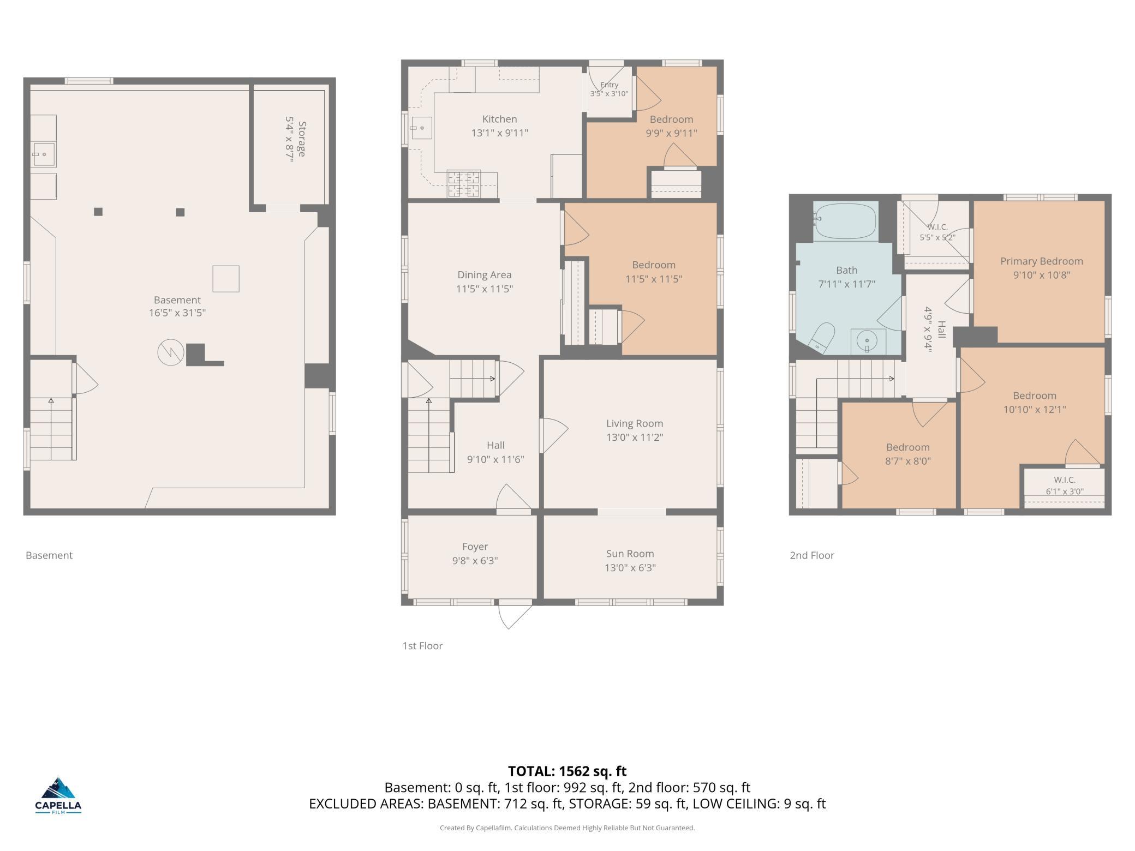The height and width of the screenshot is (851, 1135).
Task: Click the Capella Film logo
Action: [x=58, y=795]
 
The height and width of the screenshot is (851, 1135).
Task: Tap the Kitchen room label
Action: [x=499, y=119]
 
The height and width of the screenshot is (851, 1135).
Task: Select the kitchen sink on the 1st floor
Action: [x=422, y=128]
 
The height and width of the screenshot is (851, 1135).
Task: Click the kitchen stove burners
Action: [x=464, y=184]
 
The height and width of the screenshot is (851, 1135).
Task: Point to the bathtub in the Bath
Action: [x=846, y=221]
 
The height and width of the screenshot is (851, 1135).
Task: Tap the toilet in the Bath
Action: [x=821, y=337]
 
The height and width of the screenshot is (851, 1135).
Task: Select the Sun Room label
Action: [x=630, y=553]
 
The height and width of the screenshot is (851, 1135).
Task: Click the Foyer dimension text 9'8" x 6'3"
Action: [x=475, y=560]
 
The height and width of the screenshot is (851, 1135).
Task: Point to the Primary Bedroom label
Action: [x=1041, y=261]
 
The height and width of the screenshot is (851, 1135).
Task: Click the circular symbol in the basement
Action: [x=171, y=352]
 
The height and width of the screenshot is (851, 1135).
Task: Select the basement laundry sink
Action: [x=43, y=154]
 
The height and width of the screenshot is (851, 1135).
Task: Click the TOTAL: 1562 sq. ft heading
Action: [x=567, y=771]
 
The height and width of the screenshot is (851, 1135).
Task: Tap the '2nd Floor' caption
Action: [x=812, y=555]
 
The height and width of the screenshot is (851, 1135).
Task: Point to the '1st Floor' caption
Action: [x=422, y=646]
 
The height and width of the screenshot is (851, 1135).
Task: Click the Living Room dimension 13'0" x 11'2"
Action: [x=635, y=437]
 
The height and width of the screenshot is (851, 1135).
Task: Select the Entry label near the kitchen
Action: [x=609, y=85]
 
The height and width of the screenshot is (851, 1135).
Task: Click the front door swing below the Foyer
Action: [x=515, y=615]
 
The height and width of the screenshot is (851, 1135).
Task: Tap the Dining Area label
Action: [x=484, y=275]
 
